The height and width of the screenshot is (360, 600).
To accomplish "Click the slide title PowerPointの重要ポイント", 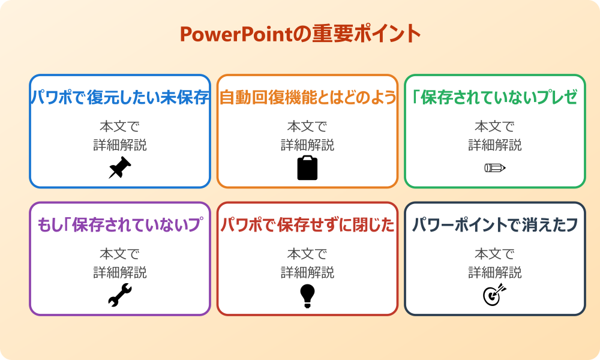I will pyautogui.click(x=300, y=34).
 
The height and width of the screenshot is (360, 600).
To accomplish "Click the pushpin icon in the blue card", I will pyautogui.click(x=120, y=167).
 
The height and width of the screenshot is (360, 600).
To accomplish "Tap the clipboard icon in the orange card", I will pyautogui.click(x=307, y=167).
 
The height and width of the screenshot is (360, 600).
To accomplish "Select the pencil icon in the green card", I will pyautogui.click(x=494, y=167).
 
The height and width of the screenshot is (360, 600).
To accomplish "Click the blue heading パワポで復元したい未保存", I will pyautogui.click(x=120, y=98).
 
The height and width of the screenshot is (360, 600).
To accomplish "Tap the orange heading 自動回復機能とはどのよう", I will pyautogui.click(x=307, y=98).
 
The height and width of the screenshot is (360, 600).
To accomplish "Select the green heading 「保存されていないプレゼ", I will pyautogui.click(x=494, y=98).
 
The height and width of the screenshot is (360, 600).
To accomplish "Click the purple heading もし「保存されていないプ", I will pyautogui.click(x=120, y=225).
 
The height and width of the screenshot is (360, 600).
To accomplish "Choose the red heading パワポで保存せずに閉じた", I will pyautogui.click(x=307, y=225).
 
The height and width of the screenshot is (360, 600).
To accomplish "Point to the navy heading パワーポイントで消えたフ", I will pyautogui.click(x=494, y=225).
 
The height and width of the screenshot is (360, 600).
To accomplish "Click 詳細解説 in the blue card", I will pyautogui.click(x=120, y=145).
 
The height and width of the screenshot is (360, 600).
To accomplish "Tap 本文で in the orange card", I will pyautogui.click(x=307, y=127).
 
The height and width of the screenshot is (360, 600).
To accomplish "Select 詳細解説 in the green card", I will pyautogui.click(x=494, y=145).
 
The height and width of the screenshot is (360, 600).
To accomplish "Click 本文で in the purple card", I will pyautogui.click(x=120, y=254).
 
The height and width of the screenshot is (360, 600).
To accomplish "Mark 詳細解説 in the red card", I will pyautogui.click(x=307, y=272).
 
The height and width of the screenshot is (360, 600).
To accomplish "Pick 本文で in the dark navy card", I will pyautogui.click(x=494, y=254).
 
